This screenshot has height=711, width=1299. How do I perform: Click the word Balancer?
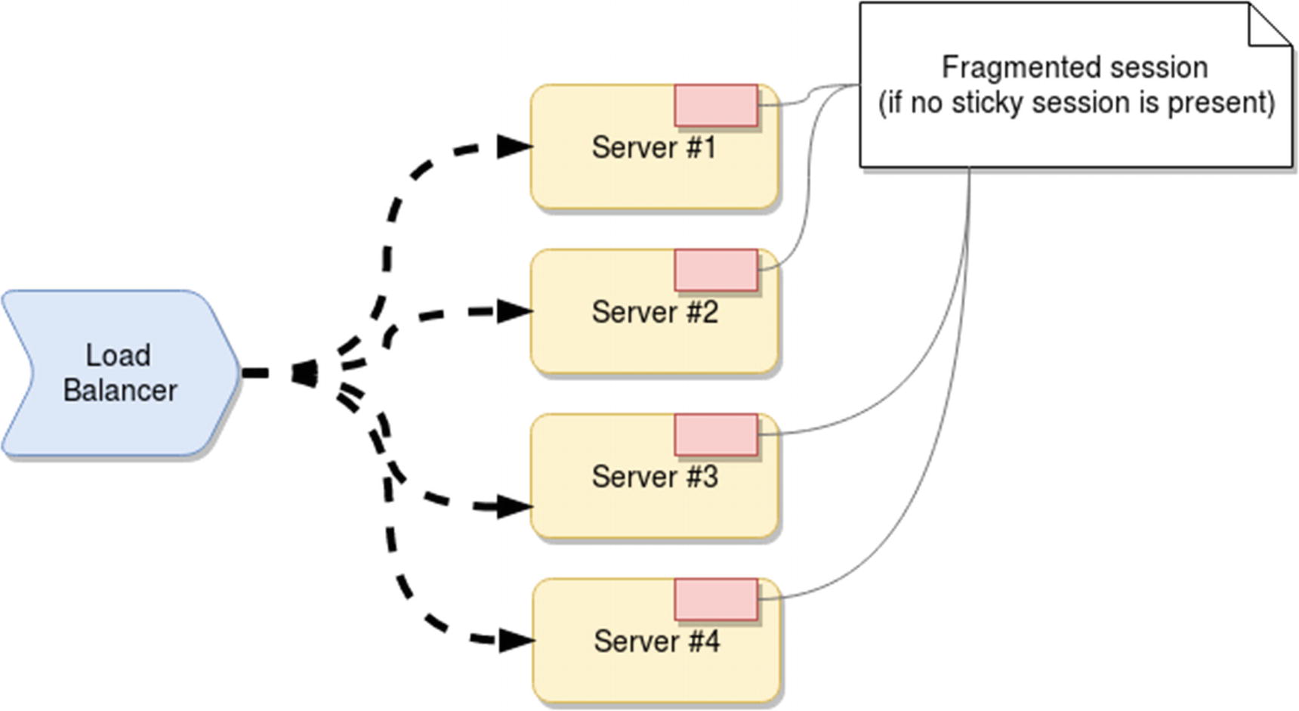[x=120, y=391]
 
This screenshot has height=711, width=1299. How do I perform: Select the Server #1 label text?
[x=653, y=147]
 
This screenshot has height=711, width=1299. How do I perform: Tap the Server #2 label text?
[x=655, y=312]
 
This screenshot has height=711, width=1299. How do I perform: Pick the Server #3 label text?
[x=655, y=477]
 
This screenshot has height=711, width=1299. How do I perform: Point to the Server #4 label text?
[x=656, y=641]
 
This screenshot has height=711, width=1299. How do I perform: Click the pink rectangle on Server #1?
[x=716, y=106]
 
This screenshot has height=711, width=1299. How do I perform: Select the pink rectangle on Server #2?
[x=716, y=270]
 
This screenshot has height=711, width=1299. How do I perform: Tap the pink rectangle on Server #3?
[x=716, y=435]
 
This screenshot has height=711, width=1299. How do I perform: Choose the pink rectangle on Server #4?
[x=716, y=600]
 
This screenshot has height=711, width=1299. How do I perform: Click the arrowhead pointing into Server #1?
[x=515, y=147]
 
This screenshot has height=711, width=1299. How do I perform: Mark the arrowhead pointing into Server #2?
[x=515, y=311]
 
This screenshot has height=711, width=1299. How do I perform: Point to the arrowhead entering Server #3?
[x=515, y=506]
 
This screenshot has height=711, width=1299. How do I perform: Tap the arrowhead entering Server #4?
[x=517, y=641]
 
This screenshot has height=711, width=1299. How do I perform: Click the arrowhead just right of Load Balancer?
[x=304, y=373]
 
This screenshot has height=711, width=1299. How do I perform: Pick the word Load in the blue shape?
[x=118, y=355]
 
